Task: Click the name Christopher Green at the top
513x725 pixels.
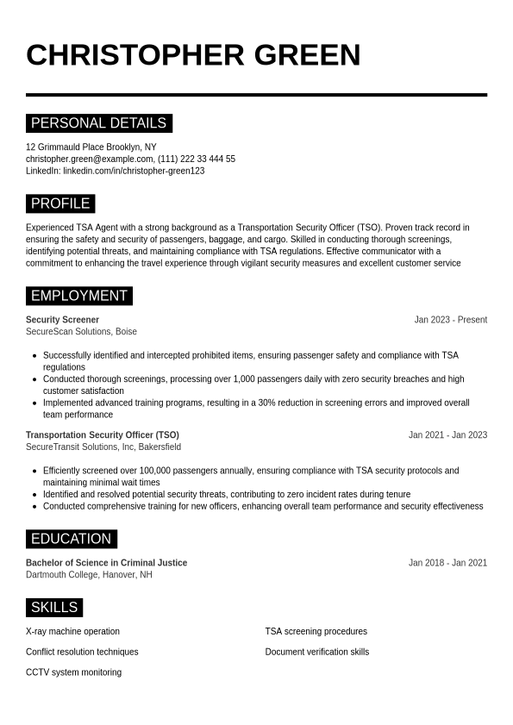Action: click(193, 55)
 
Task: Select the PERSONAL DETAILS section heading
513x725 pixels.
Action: click(98, 123)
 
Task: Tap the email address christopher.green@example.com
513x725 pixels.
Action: click(90, 159)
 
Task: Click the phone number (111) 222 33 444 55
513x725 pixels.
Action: click(197, 159)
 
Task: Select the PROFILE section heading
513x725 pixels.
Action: click(60, 203)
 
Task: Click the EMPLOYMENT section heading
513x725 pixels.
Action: click(78, 296)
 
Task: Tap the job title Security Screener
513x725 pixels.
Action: click(62, 320)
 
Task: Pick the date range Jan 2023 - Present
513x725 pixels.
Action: click(450, 320)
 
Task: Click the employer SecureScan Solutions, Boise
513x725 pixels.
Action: click(81, 331)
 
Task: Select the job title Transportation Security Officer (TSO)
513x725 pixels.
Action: click(103, 435)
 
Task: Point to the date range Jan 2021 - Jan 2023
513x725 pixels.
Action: click(447, 435)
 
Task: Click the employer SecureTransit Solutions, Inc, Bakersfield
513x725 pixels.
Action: click(103, 447)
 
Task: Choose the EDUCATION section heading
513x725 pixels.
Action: click(71, 539)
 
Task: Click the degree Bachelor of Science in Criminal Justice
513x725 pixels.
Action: click(106, 563)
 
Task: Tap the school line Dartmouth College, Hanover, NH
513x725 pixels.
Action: click(89, 574)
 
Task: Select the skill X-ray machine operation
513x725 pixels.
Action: click(72, 632)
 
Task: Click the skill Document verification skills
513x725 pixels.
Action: click(316, 652)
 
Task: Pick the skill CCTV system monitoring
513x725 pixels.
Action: click(73, 672)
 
